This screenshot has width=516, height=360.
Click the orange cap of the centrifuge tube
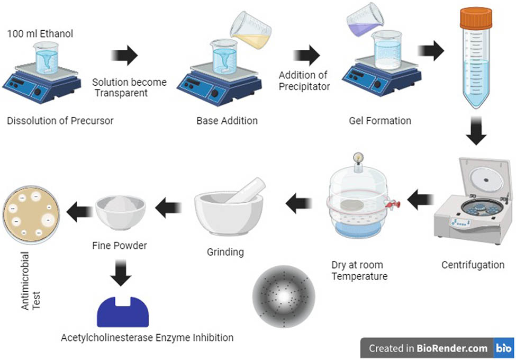[x=476, y=18]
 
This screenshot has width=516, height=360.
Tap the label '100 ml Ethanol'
[x=40, y=33]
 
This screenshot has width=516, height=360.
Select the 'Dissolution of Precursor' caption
[x=60, y=121]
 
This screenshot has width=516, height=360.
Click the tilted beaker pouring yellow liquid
[x=251, y=30]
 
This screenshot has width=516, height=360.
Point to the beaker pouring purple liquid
[x=365, y=20]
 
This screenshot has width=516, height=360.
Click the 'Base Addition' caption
[x=227, y=121]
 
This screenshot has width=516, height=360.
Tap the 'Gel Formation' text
[x=380, y=121]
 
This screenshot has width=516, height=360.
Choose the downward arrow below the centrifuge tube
[x=476, y=131]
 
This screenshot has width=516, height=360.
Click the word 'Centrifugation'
[x=473, y=265]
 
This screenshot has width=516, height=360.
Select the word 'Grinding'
[x=225, y=252]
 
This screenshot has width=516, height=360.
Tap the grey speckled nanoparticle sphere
[x=284, y=296]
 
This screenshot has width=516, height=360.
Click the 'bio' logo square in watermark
[x=504, y=348]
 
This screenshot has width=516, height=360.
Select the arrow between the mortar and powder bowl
[x=168, y=208]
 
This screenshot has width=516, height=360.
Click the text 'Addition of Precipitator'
[x=304, y=80]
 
